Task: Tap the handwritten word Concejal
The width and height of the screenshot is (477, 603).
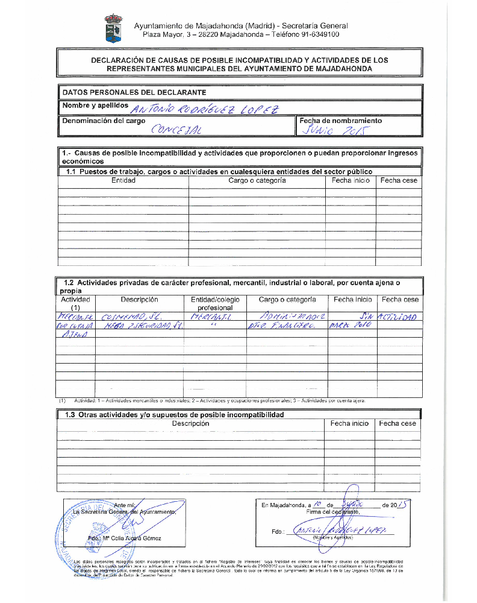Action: point(177,130)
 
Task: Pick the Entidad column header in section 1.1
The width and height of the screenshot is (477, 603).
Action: point(123,180)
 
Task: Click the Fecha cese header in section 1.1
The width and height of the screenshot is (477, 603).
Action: point(399,180)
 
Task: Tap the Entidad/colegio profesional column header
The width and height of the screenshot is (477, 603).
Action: point(215,303)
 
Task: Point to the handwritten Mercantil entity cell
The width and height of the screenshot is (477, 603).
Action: point(210,317)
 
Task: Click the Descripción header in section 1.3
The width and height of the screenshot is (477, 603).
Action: point(190,423)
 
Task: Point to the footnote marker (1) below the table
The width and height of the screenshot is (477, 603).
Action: point(62,400)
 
